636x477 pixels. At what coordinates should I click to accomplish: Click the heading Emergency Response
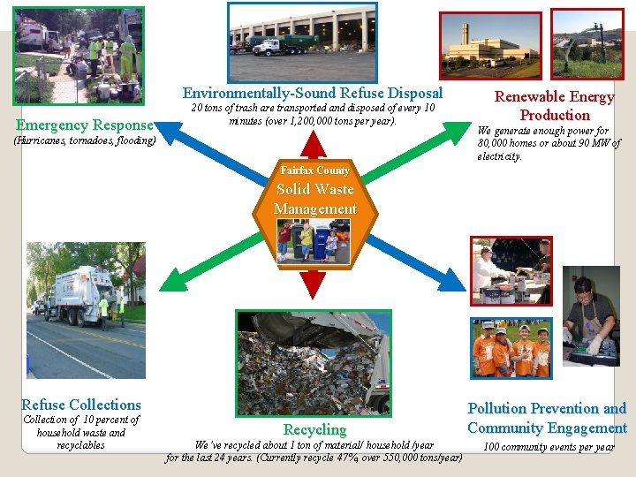tap(85, 125)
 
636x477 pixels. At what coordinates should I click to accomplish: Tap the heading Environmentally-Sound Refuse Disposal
tap(313, 93)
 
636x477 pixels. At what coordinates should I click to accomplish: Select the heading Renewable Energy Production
tap(554, 106)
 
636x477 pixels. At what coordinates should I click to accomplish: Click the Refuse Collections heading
tap(81, 405)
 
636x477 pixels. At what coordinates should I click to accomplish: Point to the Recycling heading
tap(314, 429)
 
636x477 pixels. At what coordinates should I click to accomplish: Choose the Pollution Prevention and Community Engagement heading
tap(547, 418)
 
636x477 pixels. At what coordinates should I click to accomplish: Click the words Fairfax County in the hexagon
tap(314, 170)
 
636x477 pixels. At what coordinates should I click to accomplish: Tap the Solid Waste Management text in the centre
tap(315, 199)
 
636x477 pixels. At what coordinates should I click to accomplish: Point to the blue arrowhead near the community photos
tap(454, 282)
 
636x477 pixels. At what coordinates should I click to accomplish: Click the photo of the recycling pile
tap(313, 362)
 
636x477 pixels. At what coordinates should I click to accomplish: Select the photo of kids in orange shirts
tap(511, 348)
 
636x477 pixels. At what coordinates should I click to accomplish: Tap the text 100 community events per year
tap(549, 447)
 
